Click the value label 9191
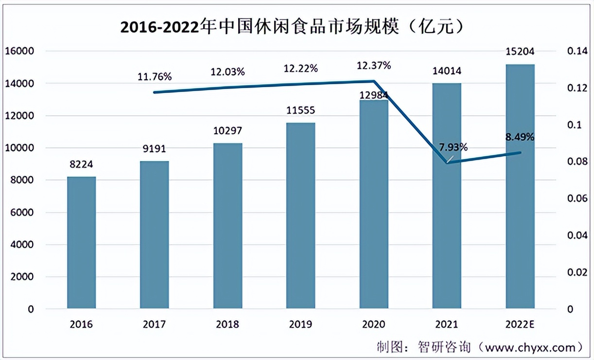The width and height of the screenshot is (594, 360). [x=154, y=149]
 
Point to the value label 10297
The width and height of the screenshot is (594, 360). [x=227, y=131]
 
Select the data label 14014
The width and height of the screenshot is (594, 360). [x=447, y=72]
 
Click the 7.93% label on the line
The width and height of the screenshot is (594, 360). [x=453, y=147]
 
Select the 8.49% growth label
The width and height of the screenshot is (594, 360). [x=520, y=138]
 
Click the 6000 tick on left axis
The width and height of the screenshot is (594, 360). [x=22, y=213]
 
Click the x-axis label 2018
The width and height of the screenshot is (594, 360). [x=227, y=324]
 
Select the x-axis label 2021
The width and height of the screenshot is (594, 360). [x=447, y=324]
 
